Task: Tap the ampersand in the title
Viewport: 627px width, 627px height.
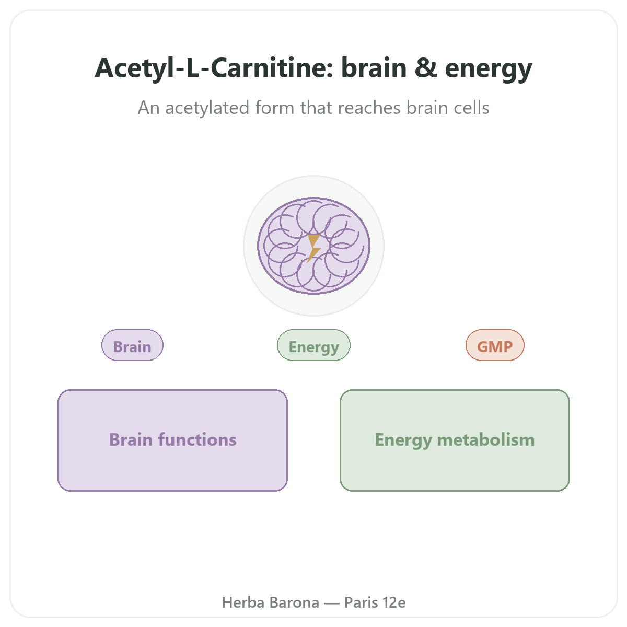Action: (x=426, y=68)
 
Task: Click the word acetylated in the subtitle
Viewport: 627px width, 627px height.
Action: (x=207, y=108)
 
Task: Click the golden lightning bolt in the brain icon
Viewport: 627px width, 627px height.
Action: (x=314, y=248)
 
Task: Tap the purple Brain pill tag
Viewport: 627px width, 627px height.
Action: (x=132, y=345)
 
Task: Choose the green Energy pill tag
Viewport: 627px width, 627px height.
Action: (x=313, y=345)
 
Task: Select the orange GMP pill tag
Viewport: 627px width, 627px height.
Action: (x=495, y=345)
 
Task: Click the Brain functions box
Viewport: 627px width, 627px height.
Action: (x=172, y=440)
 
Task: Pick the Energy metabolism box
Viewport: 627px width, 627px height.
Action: (x=455, y=440)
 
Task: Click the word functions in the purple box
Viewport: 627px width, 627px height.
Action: (x=197, y=439)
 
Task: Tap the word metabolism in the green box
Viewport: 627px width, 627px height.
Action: (x=486, y=439)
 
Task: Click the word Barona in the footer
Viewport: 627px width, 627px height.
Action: (x=295, y=602)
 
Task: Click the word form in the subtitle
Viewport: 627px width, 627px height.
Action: (x=275, y=108)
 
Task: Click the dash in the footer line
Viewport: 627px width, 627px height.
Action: (x=332, y=603)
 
